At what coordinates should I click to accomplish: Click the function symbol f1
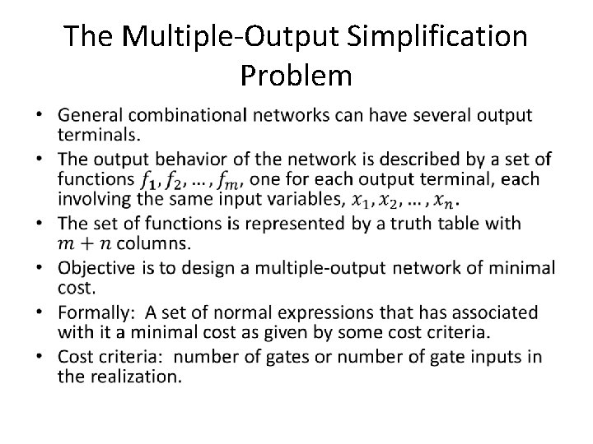tap(147, 179)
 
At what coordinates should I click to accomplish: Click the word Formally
tap(96, 313)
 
